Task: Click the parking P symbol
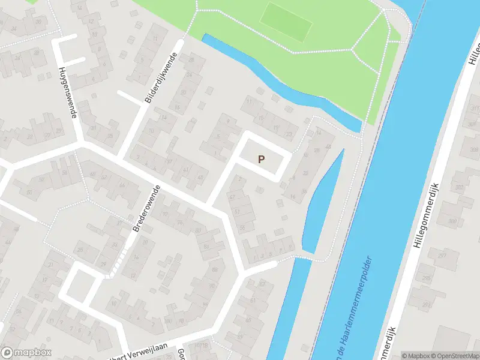(x=261, y=159)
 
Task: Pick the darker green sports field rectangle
(x=286, y=22)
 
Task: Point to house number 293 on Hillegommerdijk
(x=427, y=280)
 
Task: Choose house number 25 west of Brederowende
(x=80, y=250)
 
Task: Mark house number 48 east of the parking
(x=328, y=146)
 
